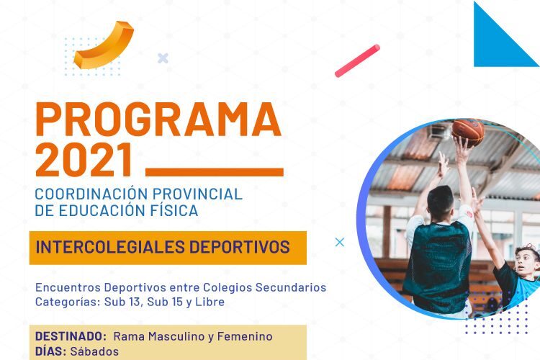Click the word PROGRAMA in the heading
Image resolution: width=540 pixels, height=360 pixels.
[x=158, y=120]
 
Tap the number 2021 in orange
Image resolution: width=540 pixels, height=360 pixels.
[x=84, y=160]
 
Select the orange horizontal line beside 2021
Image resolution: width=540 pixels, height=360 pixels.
[x=215, y=172]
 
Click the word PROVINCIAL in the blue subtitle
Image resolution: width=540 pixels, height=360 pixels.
[x=197, y=194]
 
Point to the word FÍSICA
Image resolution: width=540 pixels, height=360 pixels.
[x=174, y=210]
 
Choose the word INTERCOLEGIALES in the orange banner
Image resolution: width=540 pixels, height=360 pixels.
[x=110, y=247]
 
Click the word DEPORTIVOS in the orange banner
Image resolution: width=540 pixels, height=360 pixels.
[x=239, y=247]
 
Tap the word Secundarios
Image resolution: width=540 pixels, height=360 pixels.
[x=291, y=287]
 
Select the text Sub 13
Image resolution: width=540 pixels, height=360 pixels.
[x=122, y=302]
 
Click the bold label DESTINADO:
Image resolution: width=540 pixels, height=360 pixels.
[x=71, y=336]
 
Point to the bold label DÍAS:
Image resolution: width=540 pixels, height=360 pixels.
[x=50, y=351]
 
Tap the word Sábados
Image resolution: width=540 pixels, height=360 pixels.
[x=94, y=351]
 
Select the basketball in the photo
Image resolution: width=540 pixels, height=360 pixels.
[x=468, y=132]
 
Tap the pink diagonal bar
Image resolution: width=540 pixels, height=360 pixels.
[x=357, y=60]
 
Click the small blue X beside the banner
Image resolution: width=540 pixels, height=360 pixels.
[x=340, y=242]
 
